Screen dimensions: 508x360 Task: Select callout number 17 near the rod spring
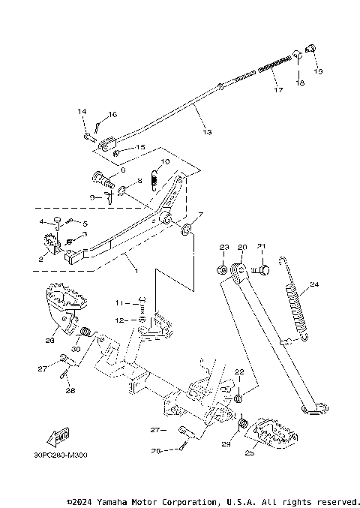(278, 91)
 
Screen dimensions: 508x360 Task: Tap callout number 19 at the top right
(318, 71)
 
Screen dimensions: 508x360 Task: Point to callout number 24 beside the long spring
(314, 284)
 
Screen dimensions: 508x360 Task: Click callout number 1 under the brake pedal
(136, 267)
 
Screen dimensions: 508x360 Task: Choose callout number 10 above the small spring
(165, 161)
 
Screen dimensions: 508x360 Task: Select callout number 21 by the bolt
(261, 247)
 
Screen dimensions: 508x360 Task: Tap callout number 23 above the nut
(223, 247)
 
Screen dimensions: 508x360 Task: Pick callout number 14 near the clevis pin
(82, 111)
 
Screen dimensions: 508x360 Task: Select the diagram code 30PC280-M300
(60, 455)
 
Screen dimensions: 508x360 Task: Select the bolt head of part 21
(262, 267)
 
